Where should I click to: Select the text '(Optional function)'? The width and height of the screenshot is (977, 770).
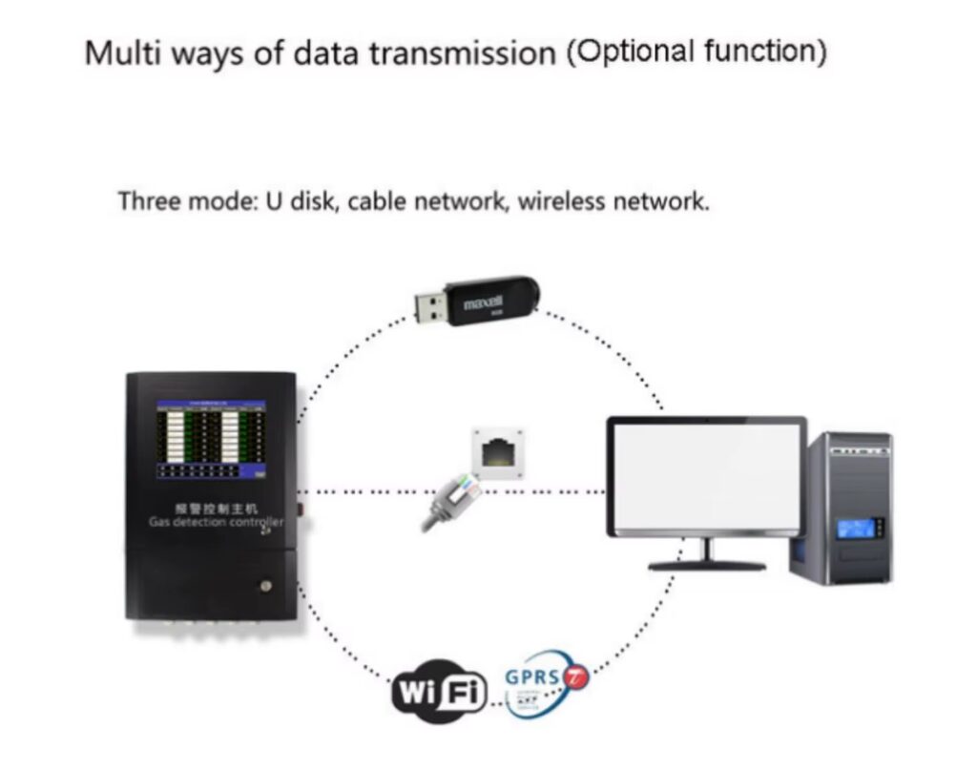[696, 52]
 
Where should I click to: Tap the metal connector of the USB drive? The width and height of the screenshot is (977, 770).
[432, 306]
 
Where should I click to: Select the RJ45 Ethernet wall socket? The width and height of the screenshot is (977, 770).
[497, 451]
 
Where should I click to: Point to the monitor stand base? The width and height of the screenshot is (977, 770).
[707, 564]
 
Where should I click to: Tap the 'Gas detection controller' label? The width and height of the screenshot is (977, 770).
[216, 522]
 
